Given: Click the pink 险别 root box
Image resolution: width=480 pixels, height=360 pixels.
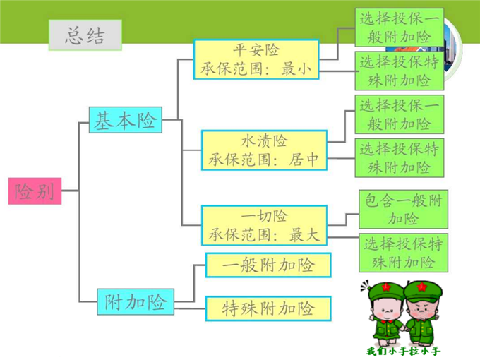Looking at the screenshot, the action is [35, 191].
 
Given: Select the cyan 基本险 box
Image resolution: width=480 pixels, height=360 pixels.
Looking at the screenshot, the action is [125, 120].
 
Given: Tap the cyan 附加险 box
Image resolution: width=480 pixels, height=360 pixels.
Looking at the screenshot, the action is [136, 302].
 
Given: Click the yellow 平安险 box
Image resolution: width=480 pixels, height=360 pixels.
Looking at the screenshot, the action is [256, 59].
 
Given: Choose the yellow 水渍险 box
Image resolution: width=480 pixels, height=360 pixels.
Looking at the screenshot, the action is [264, 150].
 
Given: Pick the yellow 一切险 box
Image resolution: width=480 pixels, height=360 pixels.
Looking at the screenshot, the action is [264, 225].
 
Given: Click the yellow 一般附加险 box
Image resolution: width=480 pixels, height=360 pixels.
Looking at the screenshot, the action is [268, 265].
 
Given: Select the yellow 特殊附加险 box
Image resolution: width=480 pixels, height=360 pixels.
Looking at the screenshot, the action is [268, 308].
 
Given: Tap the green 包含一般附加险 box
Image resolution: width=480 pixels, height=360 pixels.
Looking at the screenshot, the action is [404, 210].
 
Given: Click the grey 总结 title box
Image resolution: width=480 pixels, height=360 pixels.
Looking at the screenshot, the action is [85, 35].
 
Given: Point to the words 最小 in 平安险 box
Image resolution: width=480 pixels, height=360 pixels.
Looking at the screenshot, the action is [296, 69].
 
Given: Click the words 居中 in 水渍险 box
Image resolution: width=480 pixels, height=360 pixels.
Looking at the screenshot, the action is [304, 160].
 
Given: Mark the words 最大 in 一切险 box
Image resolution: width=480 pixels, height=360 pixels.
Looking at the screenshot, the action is [304, 235].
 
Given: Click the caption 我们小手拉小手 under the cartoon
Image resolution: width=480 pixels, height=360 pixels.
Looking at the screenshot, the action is [404, 351].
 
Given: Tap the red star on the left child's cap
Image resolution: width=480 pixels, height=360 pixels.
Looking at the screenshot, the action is [386, 287].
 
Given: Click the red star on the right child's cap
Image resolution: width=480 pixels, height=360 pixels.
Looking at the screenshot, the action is [422, 287].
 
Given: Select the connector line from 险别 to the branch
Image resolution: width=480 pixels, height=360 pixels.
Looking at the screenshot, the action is [70, 191].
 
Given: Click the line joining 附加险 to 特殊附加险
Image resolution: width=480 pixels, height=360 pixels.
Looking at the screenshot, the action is [190, 308].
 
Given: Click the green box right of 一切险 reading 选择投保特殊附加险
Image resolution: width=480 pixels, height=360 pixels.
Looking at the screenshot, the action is [404, 253].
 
